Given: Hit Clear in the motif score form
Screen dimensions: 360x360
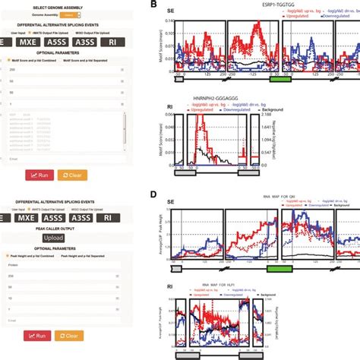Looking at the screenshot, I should click(71, 175).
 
